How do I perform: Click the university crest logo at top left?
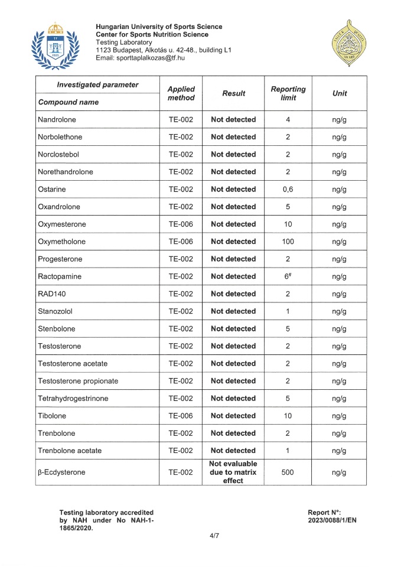coord(54,44)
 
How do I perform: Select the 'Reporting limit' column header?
coord(288,93)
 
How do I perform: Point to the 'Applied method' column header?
coord(181,93)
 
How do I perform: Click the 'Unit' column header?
coord(339,93)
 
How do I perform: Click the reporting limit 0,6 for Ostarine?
coord(288,189)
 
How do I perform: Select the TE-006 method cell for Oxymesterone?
coord(181,224)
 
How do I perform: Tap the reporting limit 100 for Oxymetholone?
coord(288,242)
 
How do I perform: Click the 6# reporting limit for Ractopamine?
coord(288,276)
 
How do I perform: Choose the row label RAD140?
coord(52,294)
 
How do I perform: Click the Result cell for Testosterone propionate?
coord(233,381)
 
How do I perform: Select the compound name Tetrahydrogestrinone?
coord(73,398)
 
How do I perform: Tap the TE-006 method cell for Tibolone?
coord(181,416)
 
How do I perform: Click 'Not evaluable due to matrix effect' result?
coord(233,472)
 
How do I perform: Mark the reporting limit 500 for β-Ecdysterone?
coord(288,472)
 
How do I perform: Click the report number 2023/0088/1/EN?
coord(333,520)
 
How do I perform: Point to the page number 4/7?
coord(200,536)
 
